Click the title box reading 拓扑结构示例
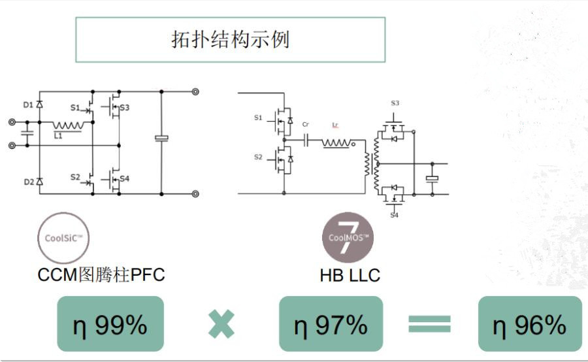[230, 39]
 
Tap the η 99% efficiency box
[110, 323]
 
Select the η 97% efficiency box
[331, 323]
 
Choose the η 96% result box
[529, 323]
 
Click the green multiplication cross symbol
[221, 324]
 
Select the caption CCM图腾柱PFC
[101, 275]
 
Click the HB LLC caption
[350, 275]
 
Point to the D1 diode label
[27, 105]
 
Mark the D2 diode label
[27, 182]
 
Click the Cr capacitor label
[306, 124]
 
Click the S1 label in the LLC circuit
[258, 118]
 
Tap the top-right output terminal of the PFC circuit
[195, 91]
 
